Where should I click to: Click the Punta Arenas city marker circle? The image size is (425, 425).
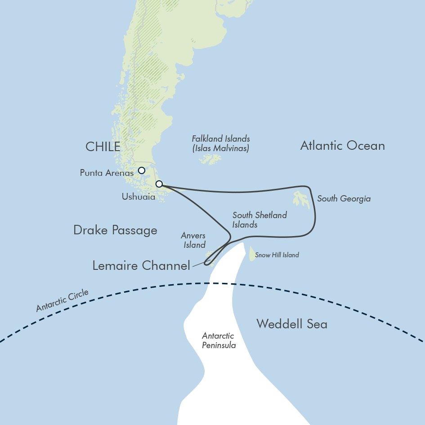142,170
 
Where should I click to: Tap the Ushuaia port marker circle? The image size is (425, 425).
159,184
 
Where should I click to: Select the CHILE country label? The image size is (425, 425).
103,147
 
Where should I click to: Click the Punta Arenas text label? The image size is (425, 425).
107,173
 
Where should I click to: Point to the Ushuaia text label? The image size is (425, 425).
139,197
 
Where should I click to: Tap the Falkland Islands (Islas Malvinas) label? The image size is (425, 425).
221,143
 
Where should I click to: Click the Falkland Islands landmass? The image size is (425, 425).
210,159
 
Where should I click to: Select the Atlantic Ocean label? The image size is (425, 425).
342,146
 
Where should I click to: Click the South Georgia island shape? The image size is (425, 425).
302,199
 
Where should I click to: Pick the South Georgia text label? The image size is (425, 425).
344,198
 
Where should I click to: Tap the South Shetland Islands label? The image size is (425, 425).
259,220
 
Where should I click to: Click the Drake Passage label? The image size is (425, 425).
115,231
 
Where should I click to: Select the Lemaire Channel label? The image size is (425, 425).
141,266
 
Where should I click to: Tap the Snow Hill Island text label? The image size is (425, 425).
277,255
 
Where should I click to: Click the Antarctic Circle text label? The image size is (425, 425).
63,301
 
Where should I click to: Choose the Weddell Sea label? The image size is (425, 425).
292,324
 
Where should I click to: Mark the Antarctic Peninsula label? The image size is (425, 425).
219,340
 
